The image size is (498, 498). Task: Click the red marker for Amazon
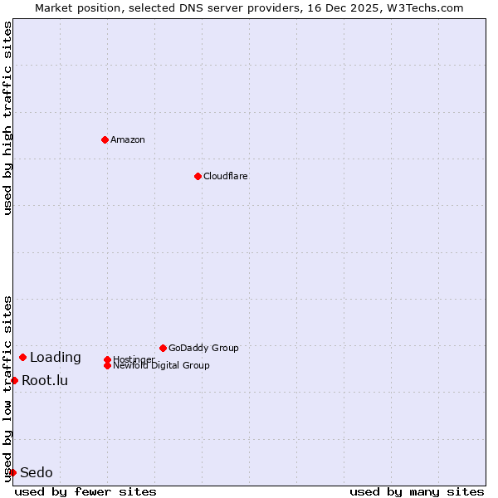pos(105,139)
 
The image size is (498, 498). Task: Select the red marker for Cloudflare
pos(198,176)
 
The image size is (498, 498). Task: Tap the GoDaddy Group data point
pos(163,348)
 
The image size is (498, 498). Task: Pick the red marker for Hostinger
pos(107,359)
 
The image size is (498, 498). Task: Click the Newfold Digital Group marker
pos(107,365)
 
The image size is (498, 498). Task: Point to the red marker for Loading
pos(22,357)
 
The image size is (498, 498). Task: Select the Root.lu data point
pos(14,380)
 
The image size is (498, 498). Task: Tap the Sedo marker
pos(12,472)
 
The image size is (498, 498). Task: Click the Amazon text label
pos(128,139)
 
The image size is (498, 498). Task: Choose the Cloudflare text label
pos(226,176)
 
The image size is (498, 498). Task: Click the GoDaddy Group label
pos(203,348)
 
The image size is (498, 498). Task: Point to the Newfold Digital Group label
pos(162,366)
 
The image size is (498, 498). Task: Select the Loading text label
pos(56,358)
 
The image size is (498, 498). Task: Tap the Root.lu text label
pos(45,381)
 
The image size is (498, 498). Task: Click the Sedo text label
pos(37,473)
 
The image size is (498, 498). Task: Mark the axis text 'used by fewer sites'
pos(85,491)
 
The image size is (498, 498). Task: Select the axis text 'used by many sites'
pos(417,491)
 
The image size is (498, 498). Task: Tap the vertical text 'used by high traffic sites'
pos(7,118)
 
